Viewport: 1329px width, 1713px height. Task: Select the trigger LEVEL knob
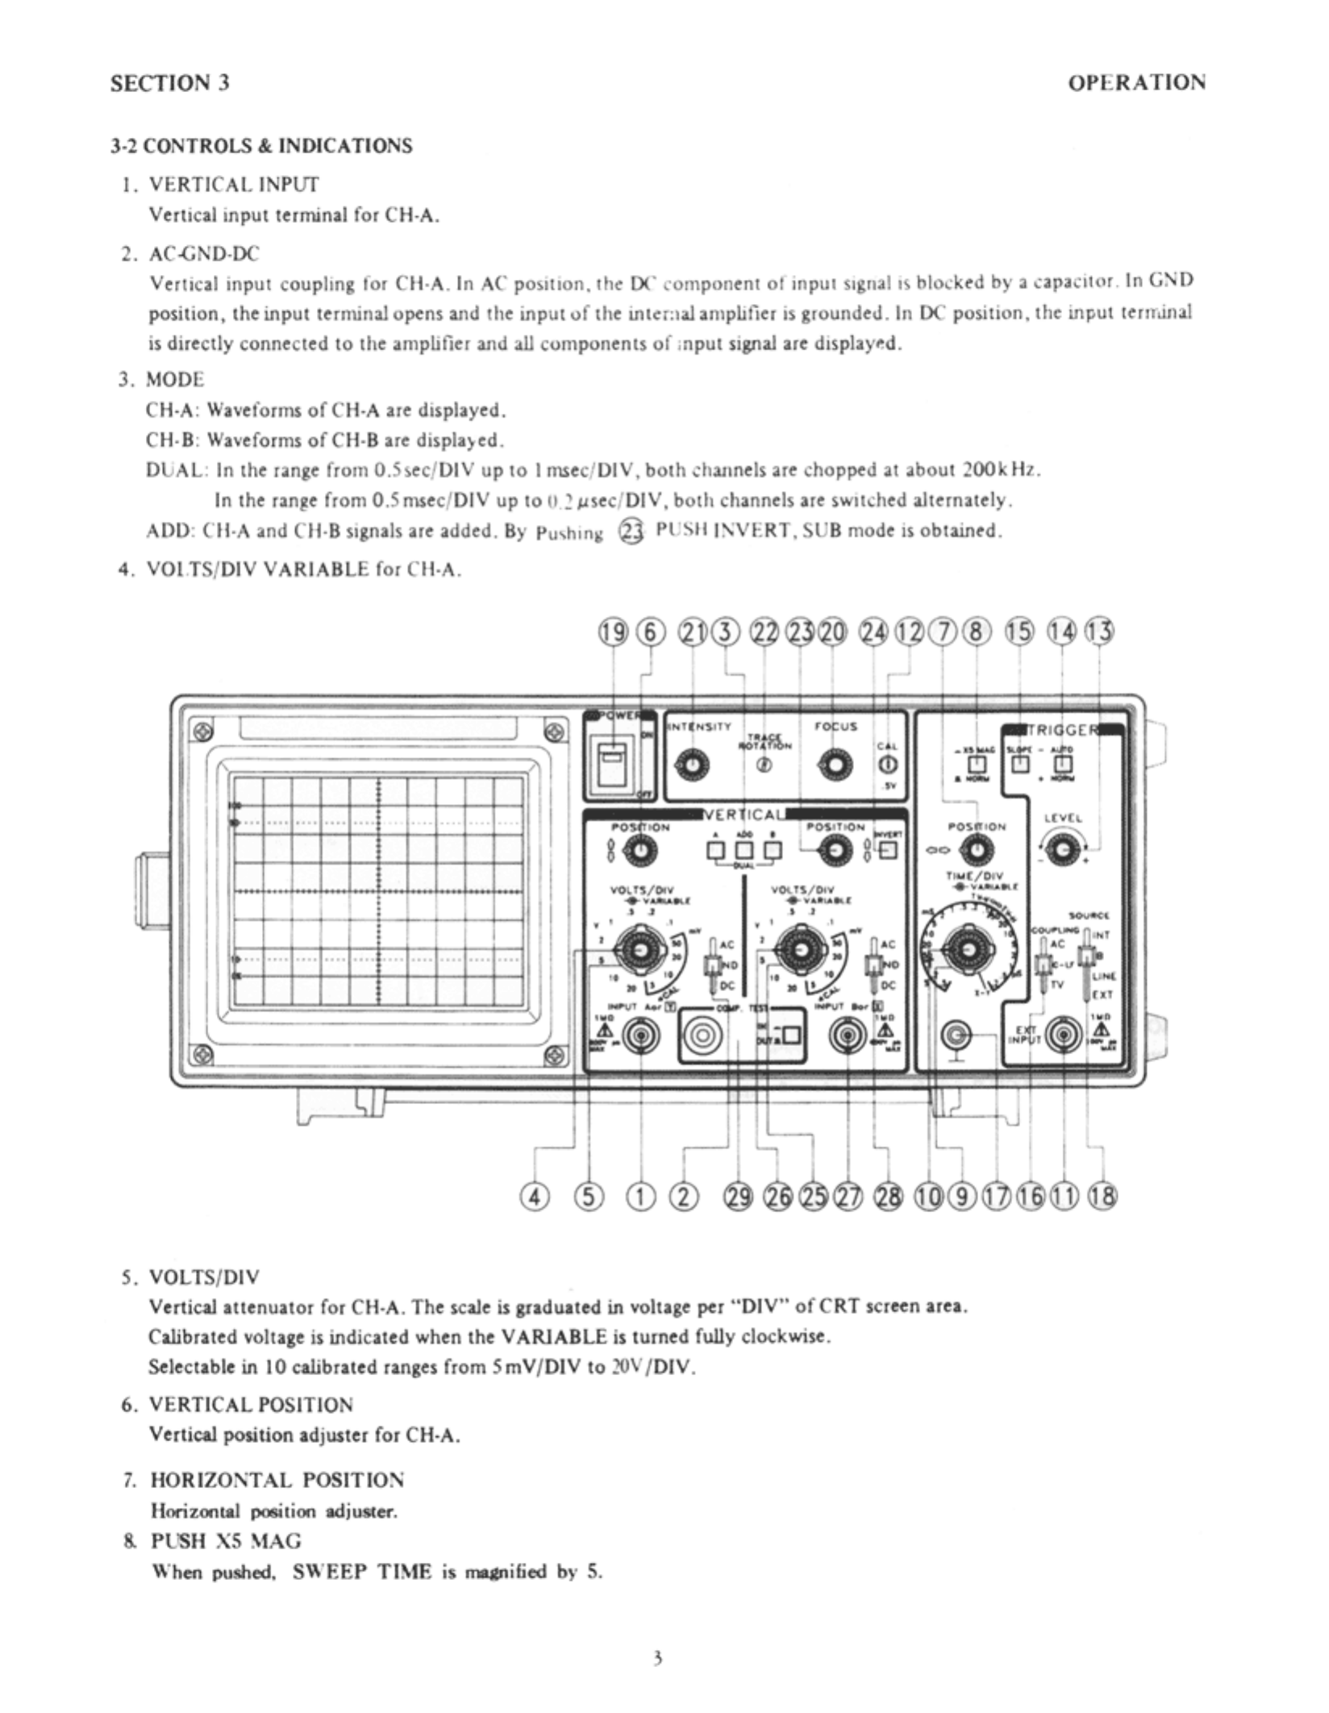click(x=1063, y=849)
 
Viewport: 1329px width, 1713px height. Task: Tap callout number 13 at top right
click(x=1101, y=631)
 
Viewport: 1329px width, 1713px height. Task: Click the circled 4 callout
click(x=533, y=1198)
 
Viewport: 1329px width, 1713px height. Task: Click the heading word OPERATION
click(x=1136, y=82)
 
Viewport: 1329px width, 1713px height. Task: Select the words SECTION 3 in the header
click(x=170, y=83)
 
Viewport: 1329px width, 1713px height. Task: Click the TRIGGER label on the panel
click(x=1063, y=731)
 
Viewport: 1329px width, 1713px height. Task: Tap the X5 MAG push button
click(x=977, y=763)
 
